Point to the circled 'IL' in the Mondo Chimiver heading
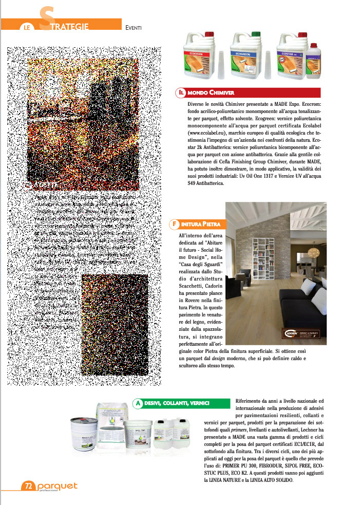(x=181, y=92)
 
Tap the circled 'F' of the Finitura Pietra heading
(x=175, y=225)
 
